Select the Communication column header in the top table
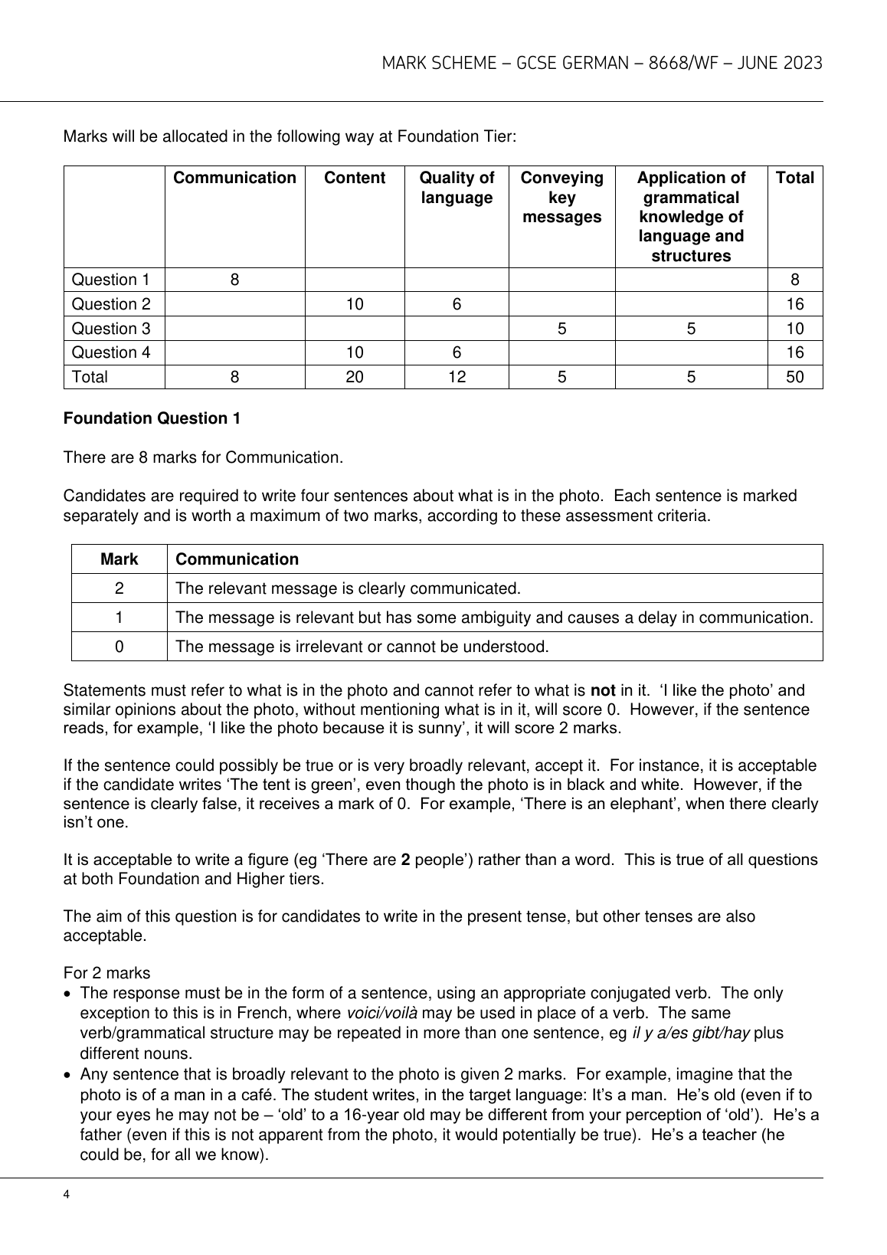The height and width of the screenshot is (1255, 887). tap(234, 179)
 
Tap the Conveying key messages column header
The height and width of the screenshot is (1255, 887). tap(561, 198)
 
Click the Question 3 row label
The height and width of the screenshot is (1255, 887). tap(111, 328)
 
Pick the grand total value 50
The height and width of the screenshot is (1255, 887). tap(795, 377)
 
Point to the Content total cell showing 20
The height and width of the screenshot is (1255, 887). tap(355, 377)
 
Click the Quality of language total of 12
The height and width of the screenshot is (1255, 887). tap(457, 377)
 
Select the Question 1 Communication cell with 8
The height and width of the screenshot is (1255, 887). tap(234, 280)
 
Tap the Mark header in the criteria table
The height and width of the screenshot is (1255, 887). tap(119, 559)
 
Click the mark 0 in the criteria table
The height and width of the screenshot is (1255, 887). tap(119, 647)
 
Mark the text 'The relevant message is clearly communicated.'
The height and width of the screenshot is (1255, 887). tap(348, 588)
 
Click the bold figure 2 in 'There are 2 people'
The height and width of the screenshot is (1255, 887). tap(405, 860)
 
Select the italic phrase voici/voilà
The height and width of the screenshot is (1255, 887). tap(382, 1014)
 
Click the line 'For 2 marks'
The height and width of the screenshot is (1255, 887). tap(106, 973)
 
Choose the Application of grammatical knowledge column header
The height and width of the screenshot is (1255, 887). tap(691, 217)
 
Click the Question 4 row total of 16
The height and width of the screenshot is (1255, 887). tap(795, 352)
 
